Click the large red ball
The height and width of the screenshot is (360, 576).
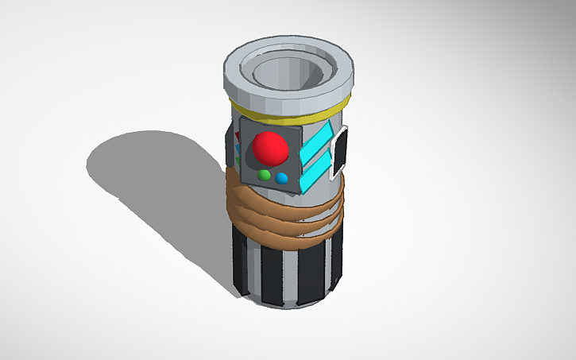pos(269,147)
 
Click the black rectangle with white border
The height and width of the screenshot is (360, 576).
pos(340,151)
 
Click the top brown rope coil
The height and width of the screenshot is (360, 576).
pos(286,198)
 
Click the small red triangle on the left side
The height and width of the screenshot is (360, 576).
pos(238,137)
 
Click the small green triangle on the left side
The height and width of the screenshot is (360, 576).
pos(238,160)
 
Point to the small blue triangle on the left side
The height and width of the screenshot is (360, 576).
pos(238,149)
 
